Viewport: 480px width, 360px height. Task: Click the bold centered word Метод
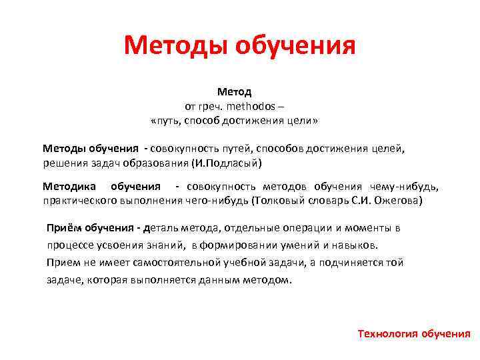coord(234,92)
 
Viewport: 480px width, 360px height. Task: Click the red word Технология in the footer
coord(387,333)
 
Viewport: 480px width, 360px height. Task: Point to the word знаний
coord(163,245)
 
